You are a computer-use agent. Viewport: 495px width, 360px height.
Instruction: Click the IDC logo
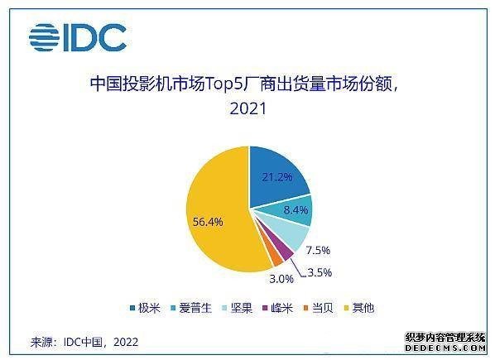78,37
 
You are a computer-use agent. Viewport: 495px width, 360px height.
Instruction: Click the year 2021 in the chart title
247,108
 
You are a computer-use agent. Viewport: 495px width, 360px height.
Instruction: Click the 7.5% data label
318,250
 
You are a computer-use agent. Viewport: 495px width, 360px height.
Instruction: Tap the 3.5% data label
320,272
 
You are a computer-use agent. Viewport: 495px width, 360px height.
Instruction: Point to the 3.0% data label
281,279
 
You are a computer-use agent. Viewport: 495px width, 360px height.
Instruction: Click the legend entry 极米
145,308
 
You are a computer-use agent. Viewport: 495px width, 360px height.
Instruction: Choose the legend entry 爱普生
191,308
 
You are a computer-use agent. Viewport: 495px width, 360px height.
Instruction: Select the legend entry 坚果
237,308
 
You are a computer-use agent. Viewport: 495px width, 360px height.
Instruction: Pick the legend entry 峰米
278,308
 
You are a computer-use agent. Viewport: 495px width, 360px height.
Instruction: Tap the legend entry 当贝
318,308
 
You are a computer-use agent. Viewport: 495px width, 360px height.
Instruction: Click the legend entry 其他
359,308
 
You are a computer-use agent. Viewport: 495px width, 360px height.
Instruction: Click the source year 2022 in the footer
126,342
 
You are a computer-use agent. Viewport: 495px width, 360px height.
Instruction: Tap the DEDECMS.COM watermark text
445,348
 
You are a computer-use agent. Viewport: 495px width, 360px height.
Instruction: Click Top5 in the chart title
224,84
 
